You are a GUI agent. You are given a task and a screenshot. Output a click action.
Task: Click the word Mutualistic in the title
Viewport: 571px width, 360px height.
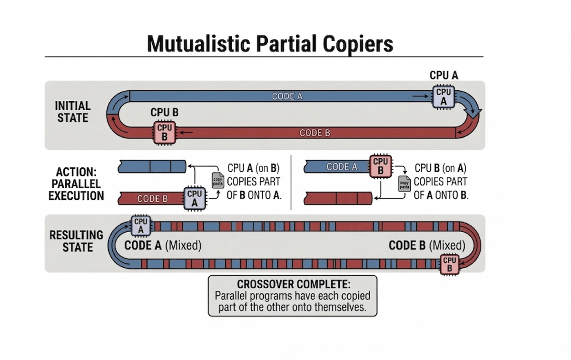click(198, 44)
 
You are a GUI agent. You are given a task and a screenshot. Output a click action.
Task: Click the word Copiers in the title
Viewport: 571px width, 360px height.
click(358, 44)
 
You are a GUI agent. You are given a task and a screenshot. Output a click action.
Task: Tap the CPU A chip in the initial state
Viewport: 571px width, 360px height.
click(443, 97)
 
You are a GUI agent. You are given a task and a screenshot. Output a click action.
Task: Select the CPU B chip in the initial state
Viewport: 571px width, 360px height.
click(165, 133)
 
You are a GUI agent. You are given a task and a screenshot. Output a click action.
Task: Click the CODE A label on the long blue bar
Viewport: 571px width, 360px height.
click(287, 97)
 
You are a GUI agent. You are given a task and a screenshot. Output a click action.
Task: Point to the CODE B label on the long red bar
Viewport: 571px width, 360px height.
click(315, 133)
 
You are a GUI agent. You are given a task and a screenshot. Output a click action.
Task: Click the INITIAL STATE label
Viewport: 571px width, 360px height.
click(73, 112)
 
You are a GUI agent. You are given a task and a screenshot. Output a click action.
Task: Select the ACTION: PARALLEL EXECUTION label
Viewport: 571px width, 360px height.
click(76, 184)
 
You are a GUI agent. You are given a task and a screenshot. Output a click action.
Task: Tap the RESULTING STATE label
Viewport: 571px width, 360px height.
click(77, 241)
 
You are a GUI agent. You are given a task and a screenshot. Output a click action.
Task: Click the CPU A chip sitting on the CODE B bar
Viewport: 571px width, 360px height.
click(195, 198)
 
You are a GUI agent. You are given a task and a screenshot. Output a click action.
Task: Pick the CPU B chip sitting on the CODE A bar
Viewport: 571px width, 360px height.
click(380, 166)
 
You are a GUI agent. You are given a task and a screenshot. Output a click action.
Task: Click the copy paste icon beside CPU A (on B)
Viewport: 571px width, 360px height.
click(218, 181)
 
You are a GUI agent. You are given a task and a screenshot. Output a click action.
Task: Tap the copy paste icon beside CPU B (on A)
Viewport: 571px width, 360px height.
click(404, 184)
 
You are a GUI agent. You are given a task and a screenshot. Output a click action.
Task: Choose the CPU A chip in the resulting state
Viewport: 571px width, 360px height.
click(141, 225)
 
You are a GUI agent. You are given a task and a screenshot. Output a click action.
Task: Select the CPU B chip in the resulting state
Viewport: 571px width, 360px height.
click(450, 264)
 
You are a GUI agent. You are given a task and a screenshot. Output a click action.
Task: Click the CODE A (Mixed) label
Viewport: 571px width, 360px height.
click(163, 245)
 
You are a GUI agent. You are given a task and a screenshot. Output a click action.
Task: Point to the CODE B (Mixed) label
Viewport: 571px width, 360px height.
click(427, 245)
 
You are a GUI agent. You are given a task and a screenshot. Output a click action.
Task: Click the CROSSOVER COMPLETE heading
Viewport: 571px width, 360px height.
click(294, 284)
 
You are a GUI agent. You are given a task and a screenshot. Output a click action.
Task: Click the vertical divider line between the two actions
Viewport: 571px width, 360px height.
click(291, 183)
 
